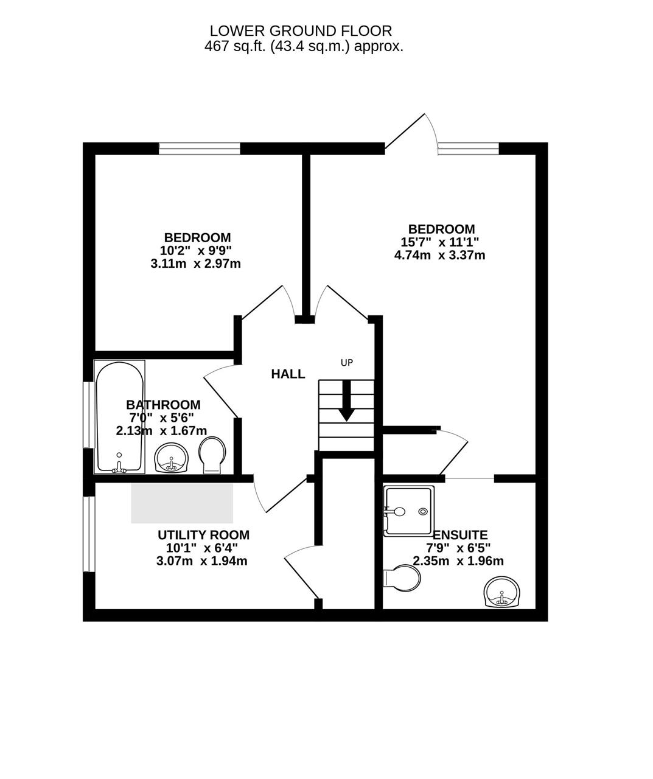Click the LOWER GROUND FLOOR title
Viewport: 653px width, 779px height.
tap(301, 30)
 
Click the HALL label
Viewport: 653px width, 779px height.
tap(288, 374)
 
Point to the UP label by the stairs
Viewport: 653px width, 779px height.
tap(347, 362)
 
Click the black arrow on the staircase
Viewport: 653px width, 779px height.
tap(346, 400)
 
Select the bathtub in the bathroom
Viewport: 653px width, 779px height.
tap(119, 417)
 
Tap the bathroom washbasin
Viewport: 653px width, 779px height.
tap(171, 458)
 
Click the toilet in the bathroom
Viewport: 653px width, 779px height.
tap(212, 455)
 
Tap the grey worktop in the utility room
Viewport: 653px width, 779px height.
tap(182, 503)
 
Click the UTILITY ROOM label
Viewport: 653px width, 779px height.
tap(203, 535)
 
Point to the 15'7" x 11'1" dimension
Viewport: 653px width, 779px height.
tap(439, 242)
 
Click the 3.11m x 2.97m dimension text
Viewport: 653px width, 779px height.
tap(195, 264)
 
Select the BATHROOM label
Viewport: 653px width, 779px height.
tap(163, 405)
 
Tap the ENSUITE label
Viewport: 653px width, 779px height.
tap(460, 535)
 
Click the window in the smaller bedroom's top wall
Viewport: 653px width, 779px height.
tap(200, 148)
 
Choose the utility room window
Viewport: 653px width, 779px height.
tap(89, 534)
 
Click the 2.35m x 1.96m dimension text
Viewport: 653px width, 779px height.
tap(458, 561)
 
